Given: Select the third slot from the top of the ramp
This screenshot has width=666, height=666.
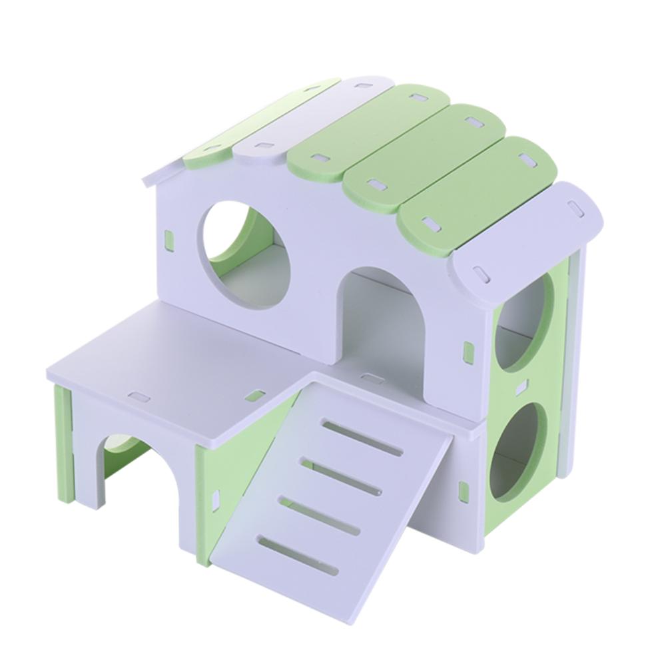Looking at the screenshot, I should (x=319, y=515).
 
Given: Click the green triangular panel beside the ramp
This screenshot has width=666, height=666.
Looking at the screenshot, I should (x=230, y=460).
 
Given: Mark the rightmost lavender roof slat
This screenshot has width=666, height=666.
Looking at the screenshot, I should (x=526, y=236).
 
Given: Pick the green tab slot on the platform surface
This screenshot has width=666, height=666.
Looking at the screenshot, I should (x=254, y=396).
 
